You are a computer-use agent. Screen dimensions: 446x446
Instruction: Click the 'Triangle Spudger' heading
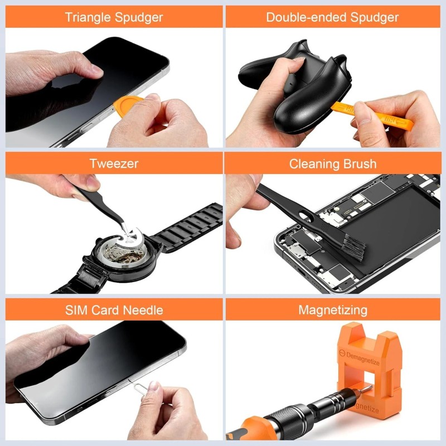pyautogui.click(x=114, y=17)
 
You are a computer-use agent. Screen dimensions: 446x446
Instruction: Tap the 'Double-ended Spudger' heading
pyautogui.click(x=332, y=17)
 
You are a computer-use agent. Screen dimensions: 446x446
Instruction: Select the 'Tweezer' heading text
pyautogui.click(x=114, y=164)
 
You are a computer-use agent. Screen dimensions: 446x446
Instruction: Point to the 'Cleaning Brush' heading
pyautogui.click(x=332, y=164)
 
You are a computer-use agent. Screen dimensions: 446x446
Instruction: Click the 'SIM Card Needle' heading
pyautogui.click(x=114, y=310)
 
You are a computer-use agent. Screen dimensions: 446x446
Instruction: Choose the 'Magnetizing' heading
pyautogui.click(x=332, y=310)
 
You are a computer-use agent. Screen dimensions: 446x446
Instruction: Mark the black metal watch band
pyautogui.click(x=187, y=227)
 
